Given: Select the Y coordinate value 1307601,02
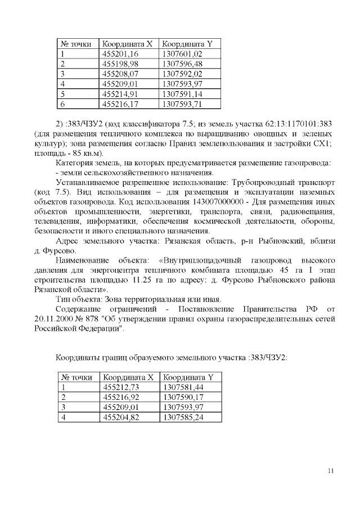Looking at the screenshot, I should pyautogui.click(x=181, y=54).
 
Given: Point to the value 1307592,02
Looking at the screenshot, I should pyautogui.click(x=181, y=74).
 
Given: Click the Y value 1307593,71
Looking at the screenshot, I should pyautogui.click(x=181, y=104).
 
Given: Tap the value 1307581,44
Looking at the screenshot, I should pyautogui.click(x=181, y=388).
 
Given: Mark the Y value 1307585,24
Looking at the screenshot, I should pyautogui.click(x=181, y=417).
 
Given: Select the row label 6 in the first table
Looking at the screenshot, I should pyautogui.click(x=63, y=104).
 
